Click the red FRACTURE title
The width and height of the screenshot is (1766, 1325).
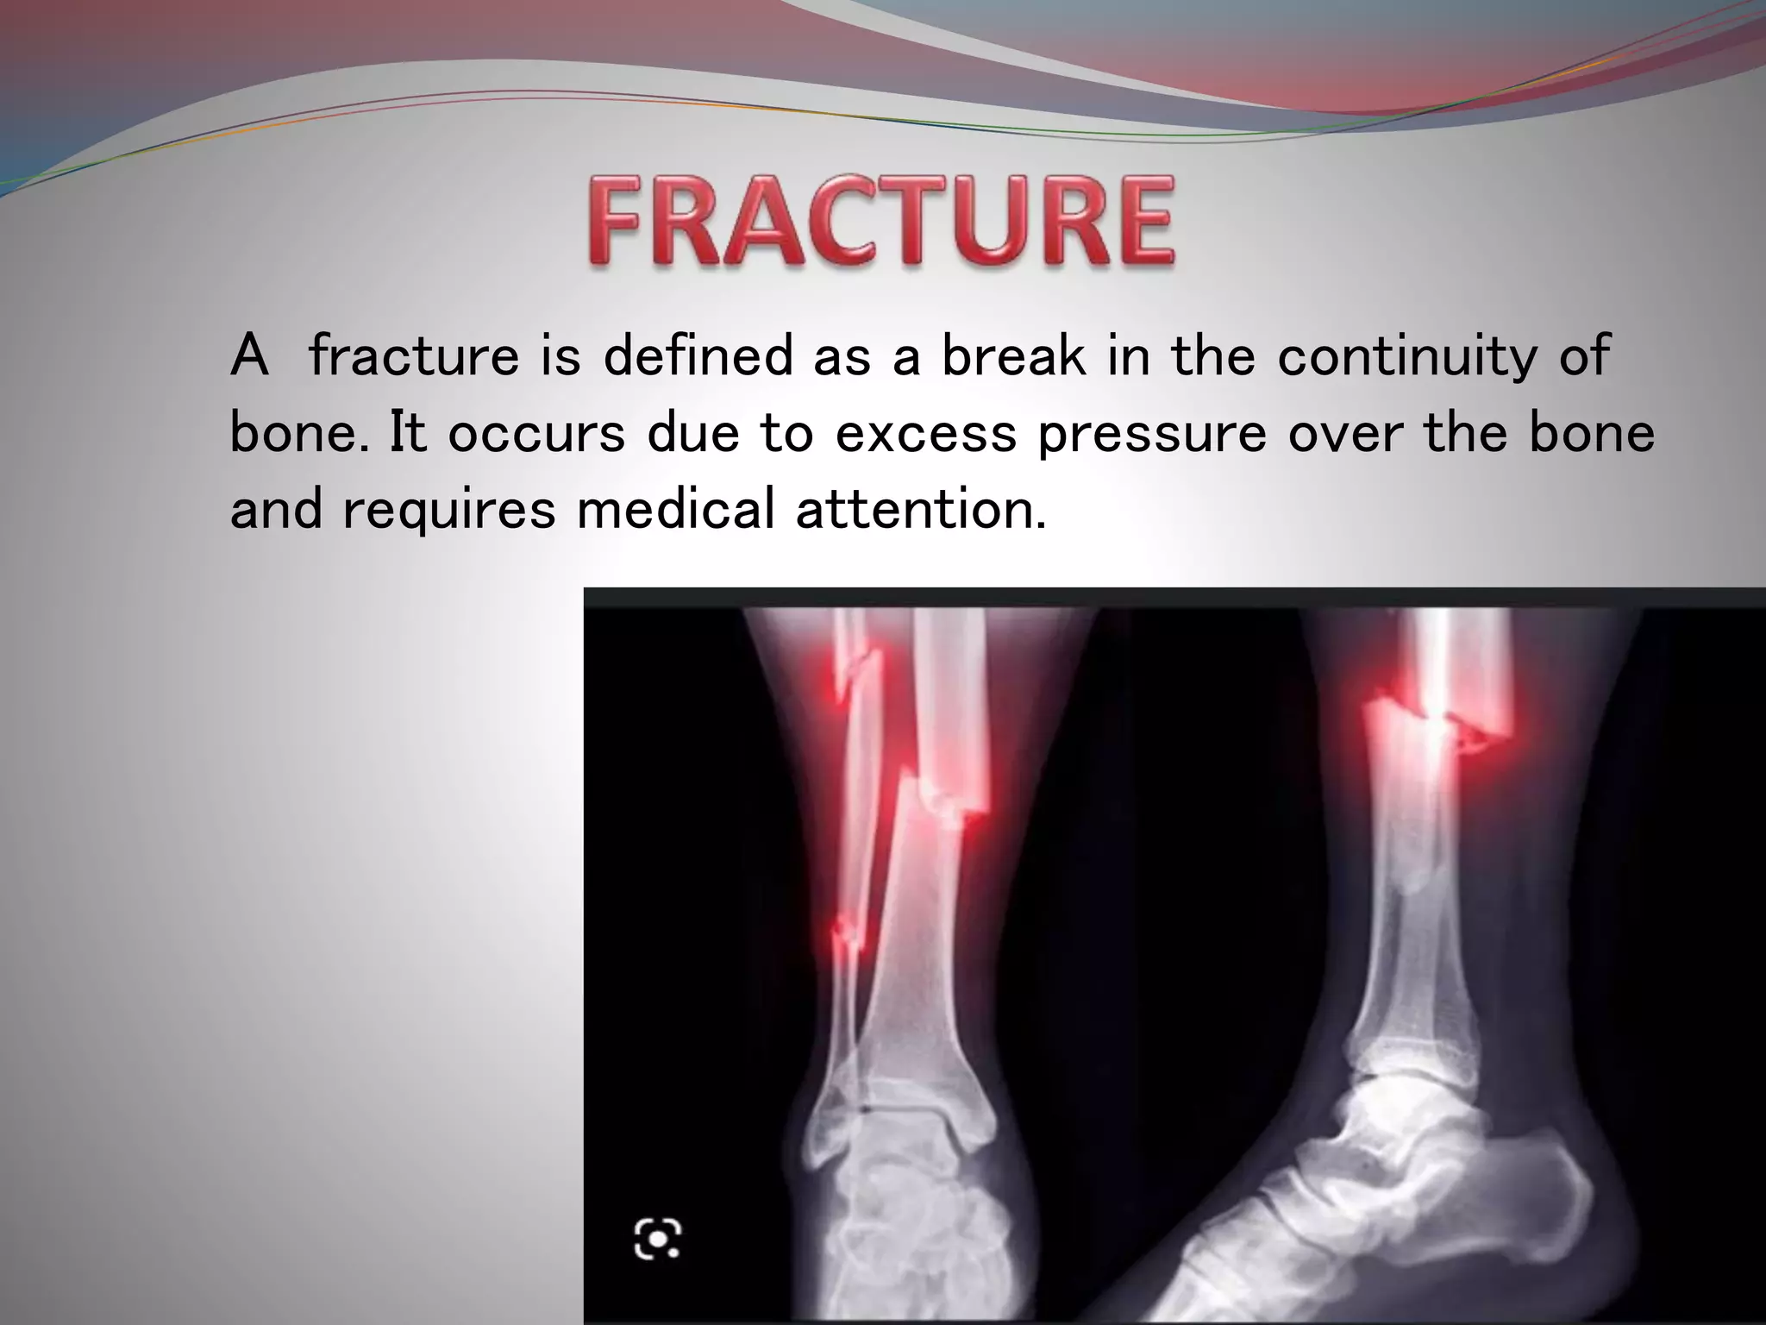881,220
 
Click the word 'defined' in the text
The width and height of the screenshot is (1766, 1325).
697,355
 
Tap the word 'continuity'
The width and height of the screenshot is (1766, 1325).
1407,355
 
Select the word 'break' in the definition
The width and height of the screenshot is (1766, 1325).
1013,355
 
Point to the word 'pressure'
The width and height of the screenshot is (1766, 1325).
1152,433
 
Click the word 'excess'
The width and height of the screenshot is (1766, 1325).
925,433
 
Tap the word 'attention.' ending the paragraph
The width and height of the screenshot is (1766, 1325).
920,509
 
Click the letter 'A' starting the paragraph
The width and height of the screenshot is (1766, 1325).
249,355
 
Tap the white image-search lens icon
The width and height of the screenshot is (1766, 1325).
658,1239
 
